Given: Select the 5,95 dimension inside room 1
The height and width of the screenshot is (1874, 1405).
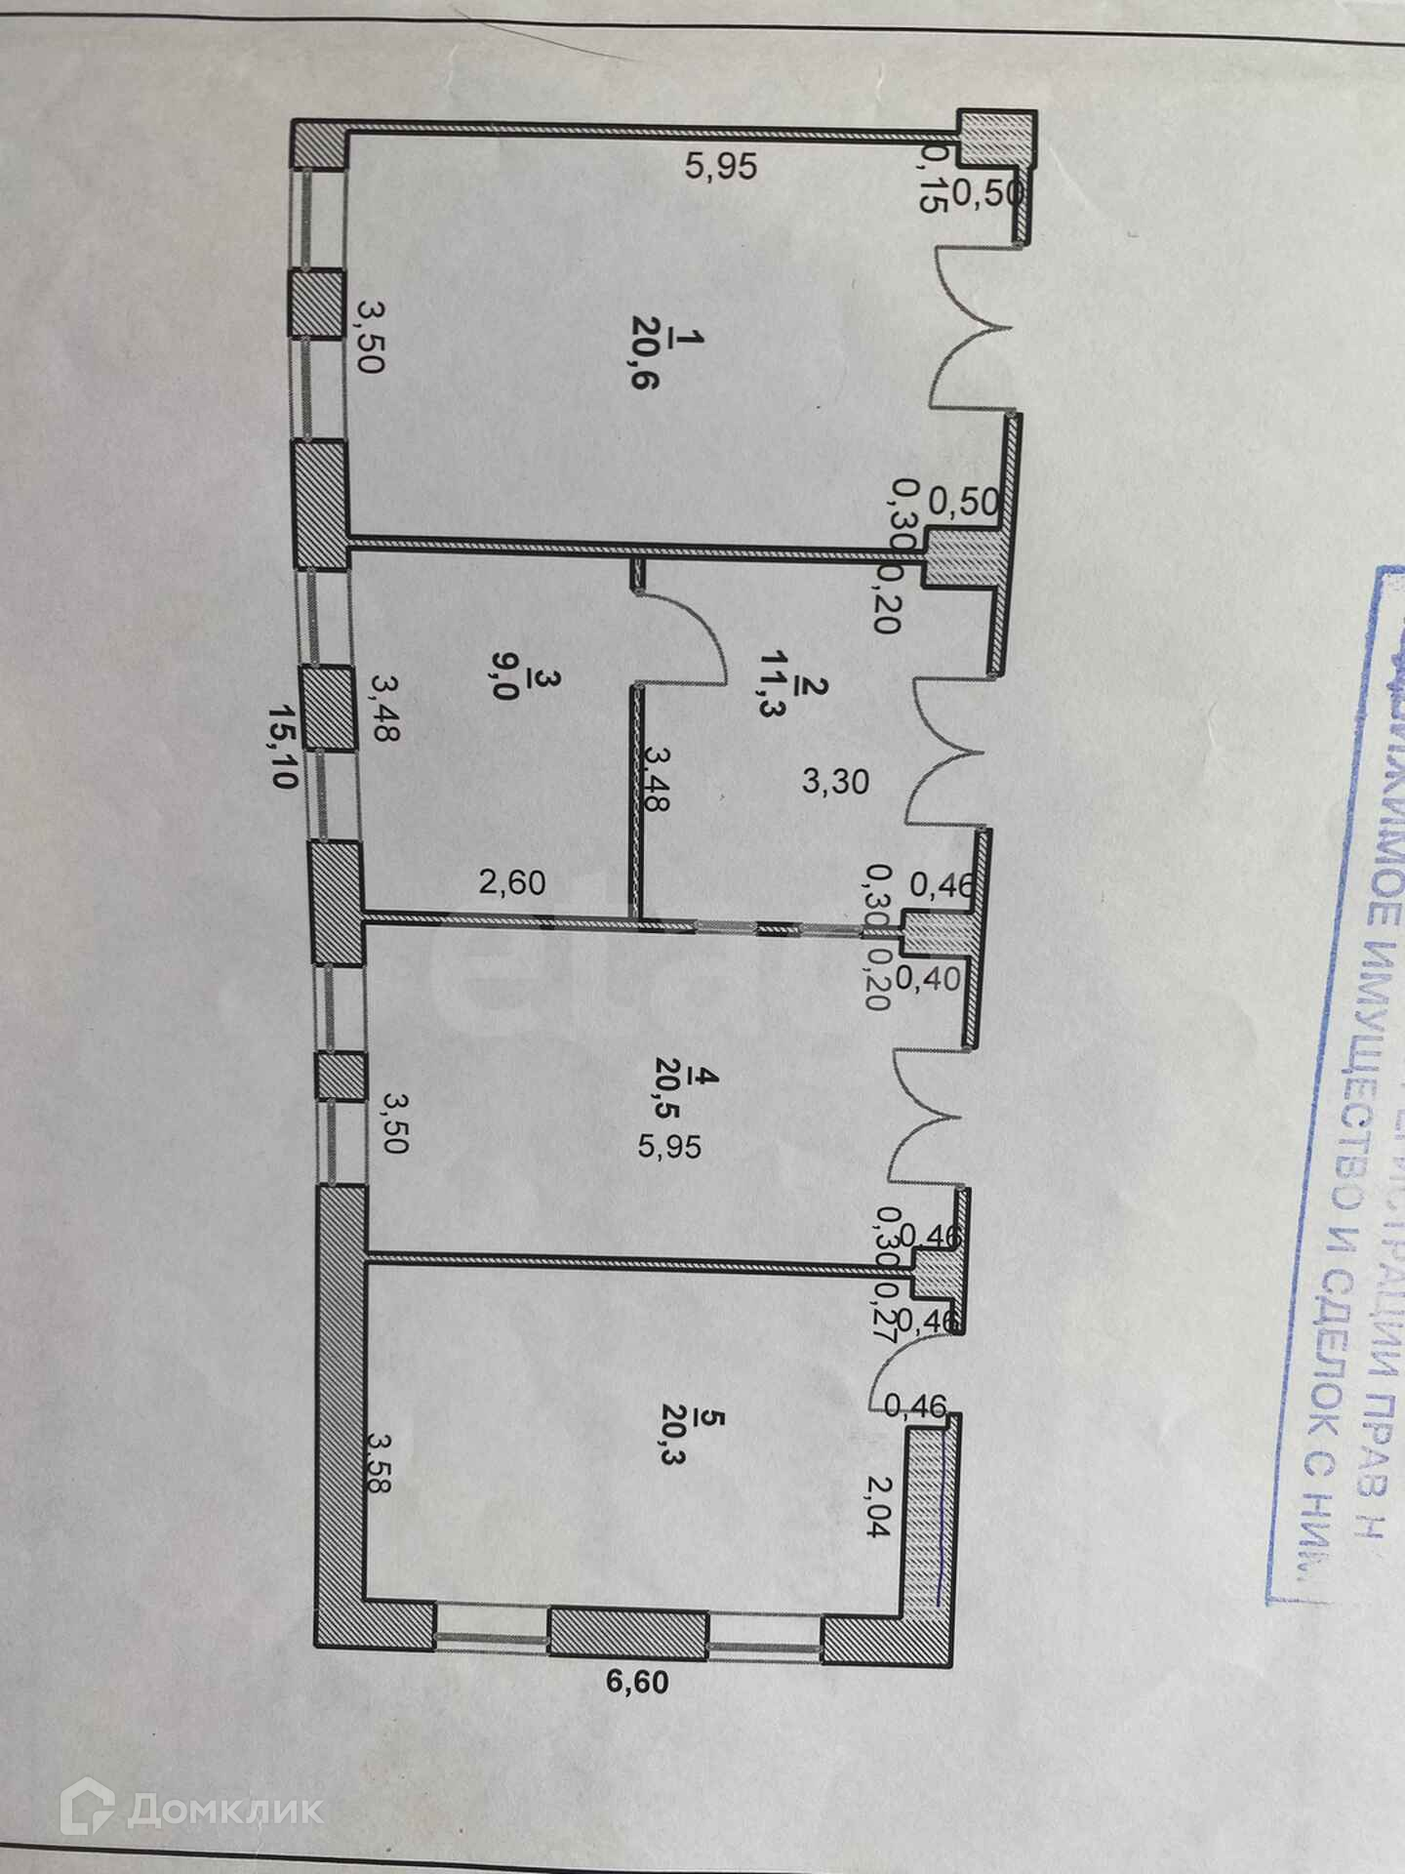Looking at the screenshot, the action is coord(720,167).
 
